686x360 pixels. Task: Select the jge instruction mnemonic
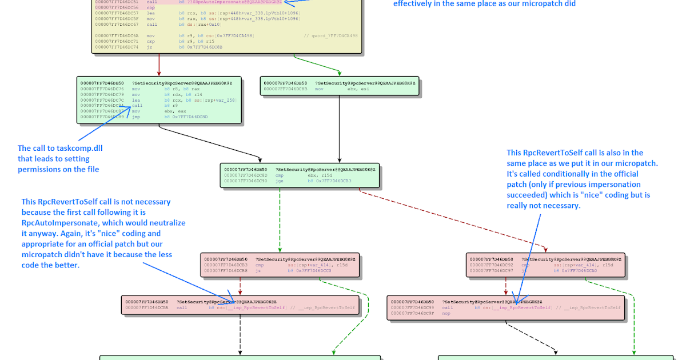pyautogui.click(x=280, y=181)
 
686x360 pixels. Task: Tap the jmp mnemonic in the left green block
pyautogui.click(x=135, y=117)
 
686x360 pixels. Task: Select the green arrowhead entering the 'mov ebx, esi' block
pyautogui.click(x=340, y=74)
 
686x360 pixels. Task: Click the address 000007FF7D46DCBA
pyautogui.click(x=147, y=307)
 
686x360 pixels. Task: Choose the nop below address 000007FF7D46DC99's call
pyautogui.click(x=446, y=313)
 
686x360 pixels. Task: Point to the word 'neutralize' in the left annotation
pyautogui.click(x=166, y=222)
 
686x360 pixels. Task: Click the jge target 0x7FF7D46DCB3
pyautogui.click(x=329, y=181)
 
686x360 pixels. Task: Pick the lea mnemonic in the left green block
pyautogui.click(x=135, y=100)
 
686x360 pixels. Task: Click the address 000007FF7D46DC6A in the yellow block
pyautogui.click(x=116, y=35)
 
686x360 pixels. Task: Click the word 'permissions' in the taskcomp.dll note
pyautogui.click(x=39, y=169)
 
